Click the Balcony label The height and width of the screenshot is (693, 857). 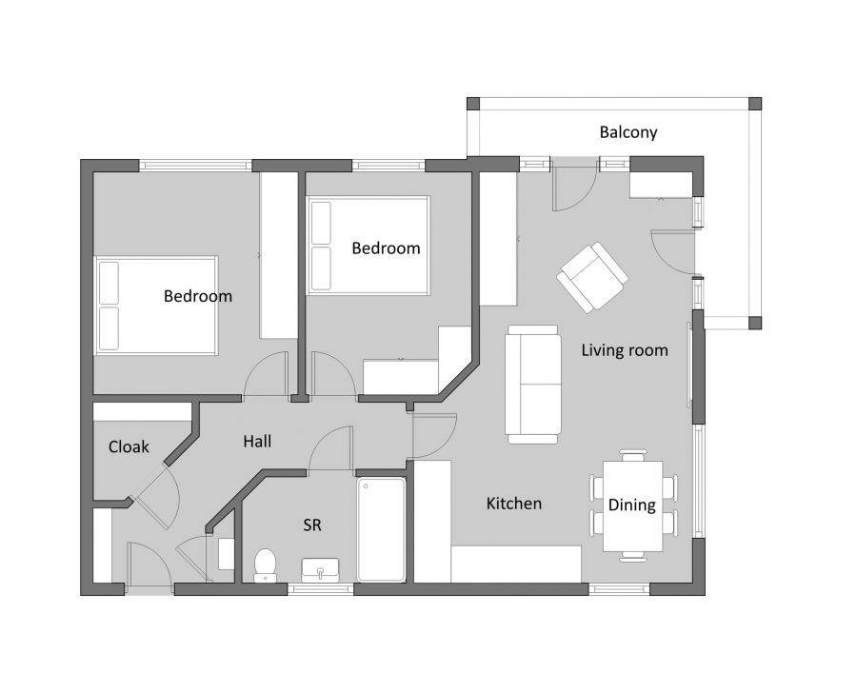628,132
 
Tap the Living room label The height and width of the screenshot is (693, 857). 624,350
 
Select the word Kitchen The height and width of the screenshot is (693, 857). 513,504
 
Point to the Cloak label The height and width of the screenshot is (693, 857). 129,446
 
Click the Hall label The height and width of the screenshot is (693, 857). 257,442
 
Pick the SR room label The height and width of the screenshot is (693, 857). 311,525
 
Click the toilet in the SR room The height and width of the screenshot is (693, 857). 265,564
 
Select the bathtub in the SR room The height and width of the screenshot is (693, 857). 381,528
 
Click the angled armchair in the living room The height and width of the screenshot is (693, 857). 592,277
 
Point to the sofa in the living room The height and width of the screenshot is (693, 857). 532,384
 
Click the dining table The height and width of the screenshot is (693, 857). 632,505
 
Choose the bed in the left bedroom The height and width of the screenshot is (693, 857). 156,306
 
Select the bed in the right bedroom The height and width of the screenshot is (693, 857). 369,245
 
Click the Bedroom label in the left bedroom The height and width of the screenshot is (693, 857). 198,296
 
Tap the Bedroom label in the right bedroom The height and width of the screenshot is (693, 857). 386,248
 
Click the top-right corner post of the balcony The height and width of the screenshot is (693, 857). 754,103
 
